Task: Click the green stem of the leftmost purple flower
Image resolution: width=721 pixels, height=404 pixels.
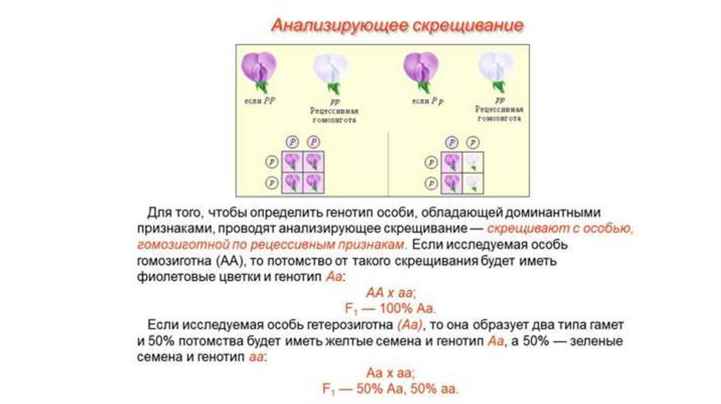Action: (261, 87)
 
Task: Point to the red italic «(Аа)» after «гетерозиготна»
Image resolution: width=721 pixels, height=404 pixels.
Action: (409, 325)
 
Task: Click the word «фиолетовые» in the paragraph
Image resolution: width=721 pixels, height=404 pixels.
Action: (175, 277)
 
